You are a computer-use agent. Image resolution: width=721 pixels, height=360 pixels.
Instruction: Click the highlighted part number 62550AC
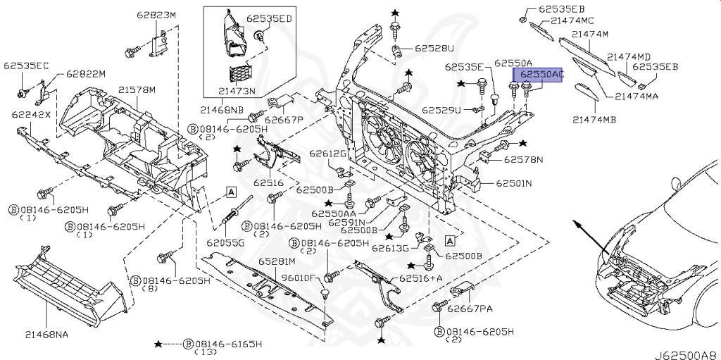[541, 74]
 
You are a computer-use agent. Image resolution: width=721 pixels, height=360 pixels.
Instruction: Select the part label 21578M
[137, 90]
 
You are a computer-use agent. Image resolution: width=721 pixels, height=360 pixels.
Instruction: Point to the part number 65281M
[277, 261]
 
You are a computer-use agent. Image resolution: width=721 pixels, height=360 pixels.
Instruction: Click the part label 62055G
[226, 242]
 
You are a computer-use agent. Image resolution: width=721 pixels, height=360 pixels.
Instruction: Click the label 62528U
[434, 49]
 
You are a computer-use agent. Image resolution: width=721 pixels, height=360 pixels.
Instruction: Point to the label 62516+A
[421, 278]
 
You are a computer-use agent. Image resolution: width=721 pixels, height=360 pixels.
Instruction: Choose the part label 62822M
[86, 74]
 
